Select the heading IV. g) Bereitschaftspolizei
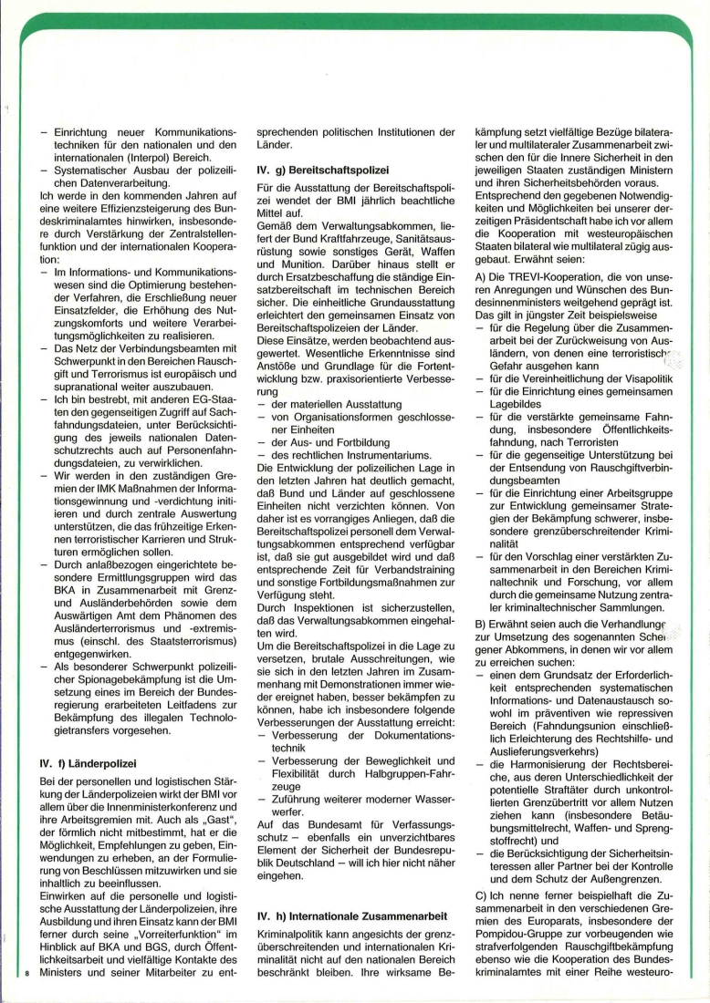(323, 170)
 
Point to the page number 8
(29, 977)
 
